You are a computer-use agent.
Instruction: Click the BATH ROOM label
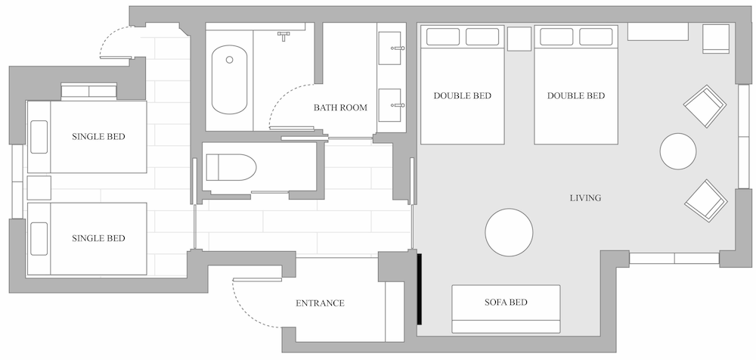340,107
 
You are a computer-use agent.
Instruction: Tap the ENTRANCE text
320,303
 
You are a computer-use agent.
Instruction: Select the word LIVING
585,198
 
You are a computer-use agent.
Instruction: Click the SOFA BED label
506,303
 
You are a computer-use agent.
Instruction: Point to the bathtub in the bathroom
230,79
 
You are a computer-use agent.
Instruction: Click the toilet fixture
231,167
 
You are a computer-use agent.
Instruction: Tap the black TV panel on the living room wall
420,289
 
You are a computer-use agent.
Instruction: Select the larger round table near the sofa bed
509,232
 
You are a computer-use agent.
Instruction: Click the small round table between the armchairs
678,151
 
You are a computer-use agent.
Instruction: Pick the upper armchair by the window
705,106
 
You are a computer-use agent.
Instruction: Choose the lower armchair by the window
706,200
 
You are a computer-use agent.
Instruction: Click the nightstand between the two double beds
519,39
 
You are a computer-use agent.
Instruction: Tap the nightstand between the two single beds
39,188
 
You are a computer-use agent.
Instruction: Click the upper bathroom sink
389,48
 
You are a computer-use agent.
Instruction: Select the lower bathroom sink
389,104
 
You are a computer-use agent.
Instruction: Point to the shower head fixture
283,36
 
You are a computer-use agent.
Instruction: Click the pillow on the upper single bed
39,137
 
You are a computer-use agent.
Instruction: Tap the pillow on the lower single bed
39,239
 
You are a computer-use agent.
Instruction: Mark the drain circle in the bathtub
230,59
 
